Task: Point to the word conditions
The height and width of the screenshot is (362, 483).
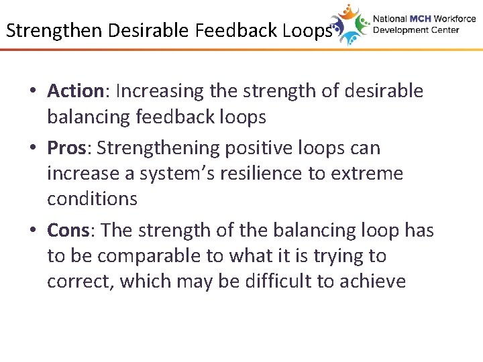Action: (x=92, y=199)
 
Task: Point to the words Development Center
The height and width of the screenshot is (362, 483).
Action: (x=416, y=30)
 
